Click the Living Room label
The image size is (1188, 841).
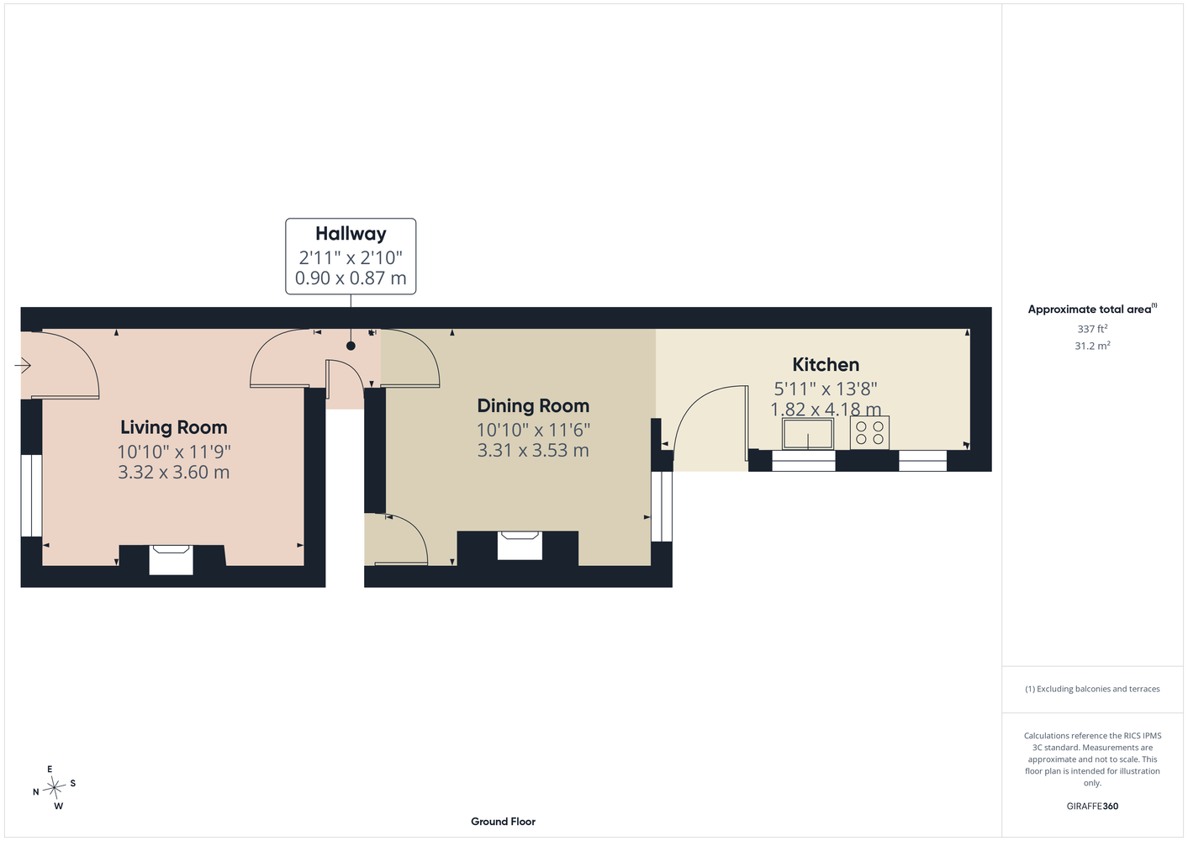(x=173, y=427)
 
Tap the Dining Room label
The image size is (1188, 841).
(x=533, y=406)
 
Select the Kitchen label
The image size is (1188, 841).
(x=826, y=364)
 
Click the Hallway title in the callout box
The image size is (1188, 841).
(x=351, y=234)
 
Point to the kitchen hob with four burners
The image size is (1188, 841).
(x=869, y=433)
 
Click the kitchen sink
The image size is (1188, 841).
(x=808, y=433)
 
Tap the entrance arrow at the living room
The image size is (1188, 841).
(x=23, y=365)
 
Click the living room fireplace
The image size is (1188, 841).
(x=171, y=560)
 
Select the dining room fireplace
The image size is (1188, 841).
(x=520, y=546)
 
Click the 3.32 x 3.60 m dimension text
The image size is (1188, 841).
(x=173, y=473)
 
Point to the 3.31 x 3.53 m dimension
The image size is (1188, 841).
(x=533, y=451)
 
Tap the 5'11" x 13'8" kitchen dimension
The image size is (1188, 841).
(x=826, y=389)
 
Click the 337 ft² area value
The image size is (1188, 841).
(x=1092, y=329)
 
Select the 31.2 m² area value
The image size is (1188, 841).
(x=1092, y=346)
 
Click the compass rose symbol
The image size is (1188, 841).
(x=54, y=787)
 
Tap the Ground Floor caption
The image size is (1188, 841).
(x=503, y=822)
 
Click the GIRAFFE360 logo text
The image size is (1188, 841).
(x=1092, y=806)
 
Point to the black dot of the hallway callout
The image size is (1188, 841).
(x=351, y=346)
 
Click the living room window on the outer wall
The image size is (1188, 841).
(x=31, y=495)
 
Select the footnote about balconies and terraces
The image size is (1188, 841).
(x=1092, y=689)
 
